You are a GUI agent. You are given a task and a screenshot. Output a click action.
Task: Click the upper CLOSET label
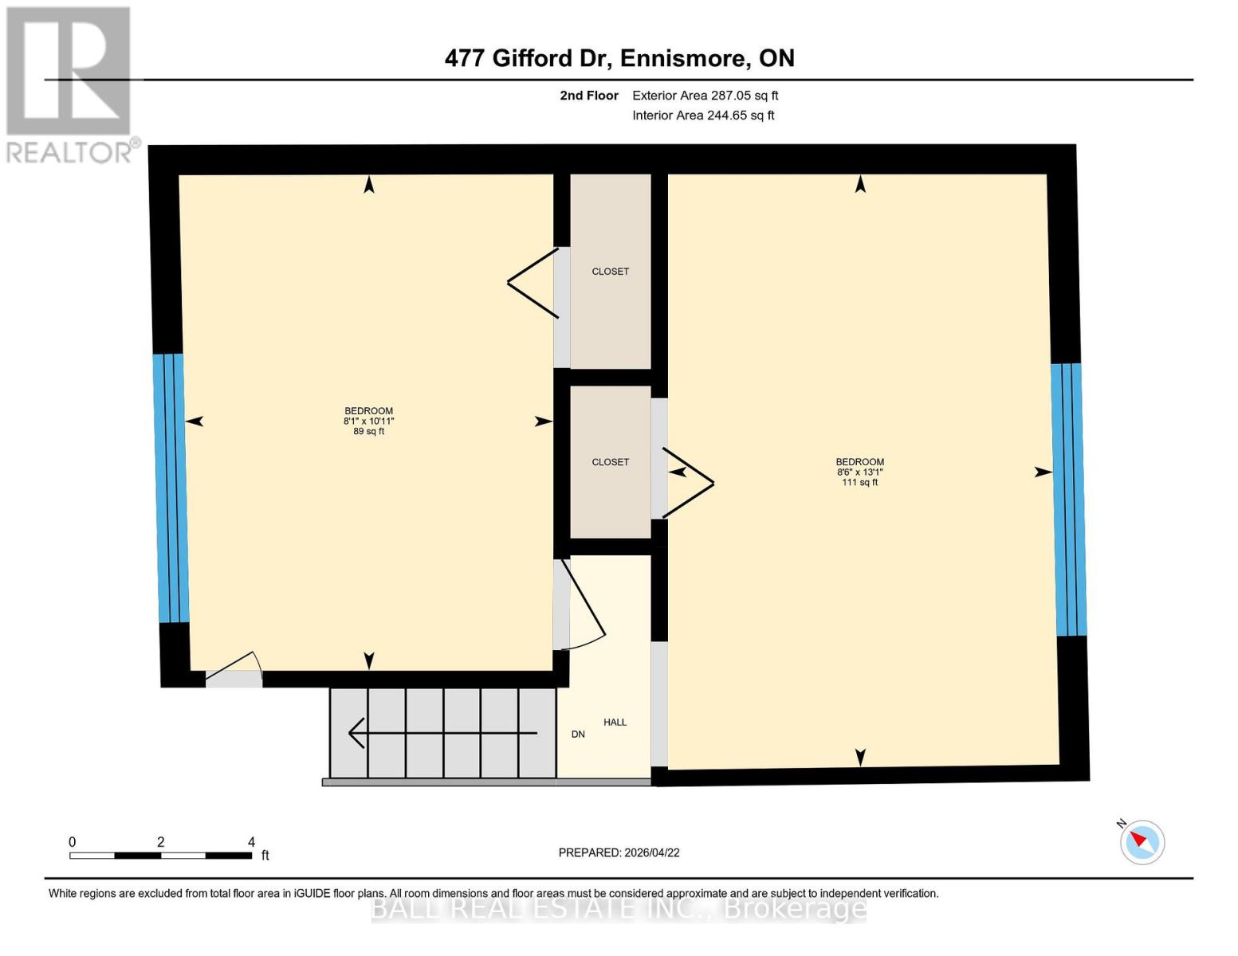(610, 272)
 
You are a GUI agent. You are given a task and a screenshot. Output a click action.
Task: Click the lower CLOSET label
(610, 462)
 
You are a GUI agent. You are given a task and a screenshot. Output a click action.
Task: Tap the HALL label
(615, 723)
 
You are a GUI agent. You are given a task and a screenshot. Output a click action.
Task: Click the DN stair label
(578, 735)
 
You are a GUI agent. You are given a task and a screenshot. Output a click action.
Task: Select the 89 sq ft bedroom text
(368, 432)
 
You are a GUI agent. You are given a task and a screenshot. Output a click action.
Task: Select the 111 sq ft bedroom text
(859, 483)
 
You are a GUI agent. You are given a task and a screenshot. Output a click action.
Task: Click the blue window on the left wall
(172, 488)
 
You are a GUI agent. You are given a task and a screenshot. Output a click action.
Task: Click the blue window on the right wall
(1068, 499)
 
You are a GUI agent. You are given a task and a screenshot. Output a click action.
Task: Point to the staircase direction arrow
(442, 733)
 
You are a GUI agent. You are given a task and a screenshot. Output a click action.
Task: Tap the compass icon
(1142, 842)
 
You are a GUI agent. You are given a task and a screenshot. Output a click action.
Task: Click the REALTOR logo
(70, 84)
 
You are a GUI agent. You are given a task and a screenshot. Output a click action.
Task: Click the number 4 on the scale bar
(251, 842)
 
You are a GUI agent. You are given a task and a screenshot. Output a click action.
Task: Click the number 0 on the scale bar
(73, 842)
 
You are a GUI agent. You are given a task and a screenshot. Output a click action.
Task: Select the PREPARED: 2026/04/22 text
(619, 852)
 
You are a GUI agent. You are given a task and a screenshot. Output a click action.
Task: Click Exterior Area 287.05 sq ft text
(705, 96)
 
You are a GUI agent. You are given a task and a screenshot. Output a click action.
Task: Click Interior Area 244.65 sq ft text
(703, 116)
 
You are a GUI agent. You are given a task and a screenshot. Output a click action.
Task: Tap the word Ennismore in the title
(684, 58)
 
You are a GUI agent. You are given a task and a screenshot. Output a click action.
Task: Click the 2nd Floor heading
(589, 96)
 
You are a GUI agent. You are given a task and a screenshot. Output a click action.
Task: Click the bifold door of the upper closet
(534, 283)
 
